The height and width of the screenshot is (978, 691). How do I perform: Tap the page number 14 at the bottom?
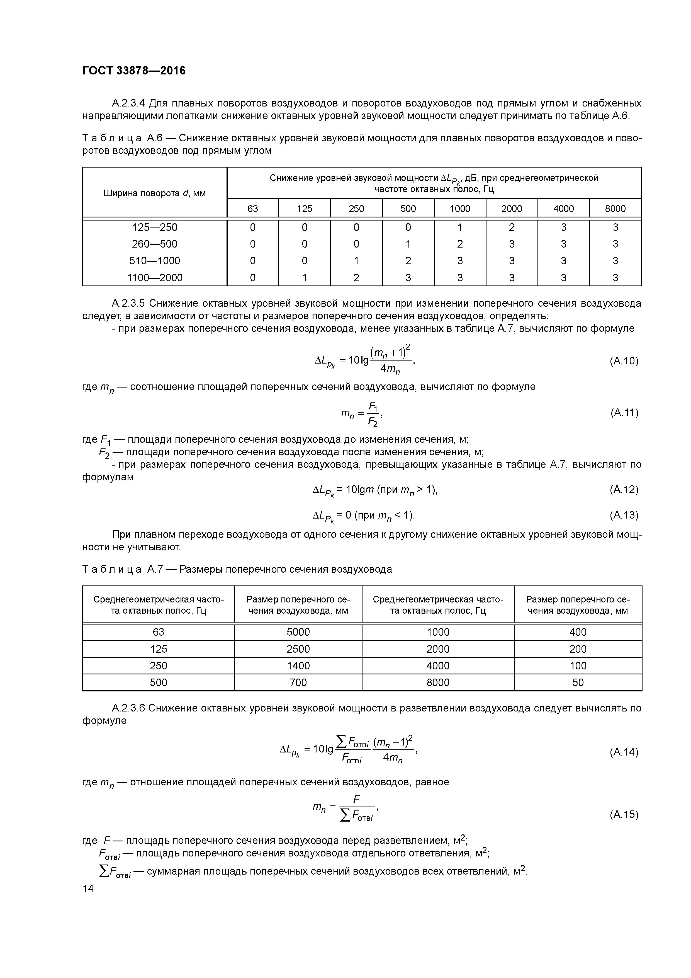click(x=88, y=889)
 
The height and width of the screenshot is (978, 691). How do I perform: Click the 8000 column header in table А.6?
click(x=615, y=209)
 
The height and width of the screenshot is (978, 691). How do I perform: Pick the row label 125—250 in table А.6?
click(x=155, y=227)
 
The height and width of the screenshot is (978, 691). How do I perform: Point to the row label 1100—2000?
click(x=155, y=278)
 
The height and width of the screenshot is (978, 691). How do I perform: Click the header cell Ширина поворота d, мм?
click(x=155, y=193)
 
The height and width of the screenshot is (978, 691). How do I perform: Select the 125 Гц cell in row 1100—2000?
click(x=305, y=278)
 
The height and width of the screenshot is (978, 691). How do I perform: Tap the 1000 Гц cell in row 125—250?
click(x=460, y=227)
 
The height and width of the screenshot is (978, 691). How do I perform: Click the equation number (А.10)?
click(x=624, y=361)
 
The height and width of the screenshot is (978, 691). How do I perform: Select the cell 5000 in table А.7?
click(x=298, y=632)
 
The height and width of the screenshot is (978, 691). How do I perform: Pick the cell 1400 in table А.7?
click(x=298, y=666)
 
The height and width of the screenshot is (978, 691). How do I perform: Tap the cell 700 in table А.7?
click(x=298, y=682)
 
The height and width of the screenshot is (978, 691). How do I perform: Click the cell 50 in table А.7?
click(x=578, y=682)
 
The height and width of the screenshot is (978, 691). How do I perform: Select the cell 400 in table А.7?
click(x=578, y=632)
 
